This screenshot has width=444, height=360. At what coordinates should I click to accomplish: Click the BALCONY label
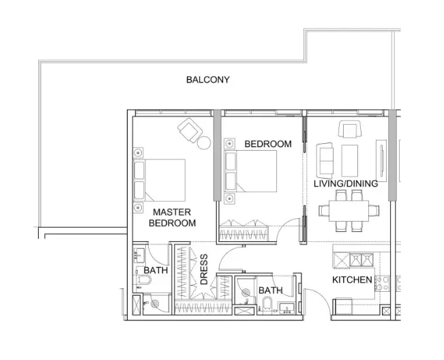(208, 80)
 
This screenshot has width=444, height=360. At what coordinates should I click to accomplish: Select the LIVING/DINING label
(345, 183)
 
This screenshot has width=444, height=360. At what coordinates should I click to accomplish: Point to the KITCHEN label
(352, 280)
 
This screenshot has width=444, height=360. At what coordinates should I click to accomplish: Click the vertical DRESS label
(203, 269)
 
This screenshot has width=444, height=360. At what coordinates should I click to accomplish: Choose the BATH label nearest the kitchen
(270, 291)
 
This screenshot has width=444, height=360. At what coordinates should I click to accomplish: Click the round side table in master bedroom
(204, 142)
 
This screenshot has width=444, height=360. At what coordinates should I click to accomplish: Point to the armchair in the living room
(349, 129)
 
